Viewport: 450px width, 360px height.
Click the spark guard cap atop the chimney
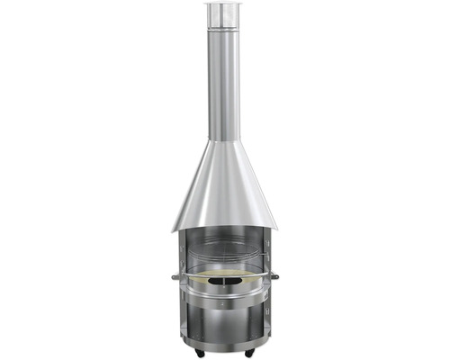click(x=226, y=15)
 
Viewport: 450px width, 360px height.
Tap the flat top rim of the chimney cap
click(x=226, y=4)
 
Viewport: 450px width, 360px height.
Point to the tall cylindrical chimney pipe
click(x=226, y=81)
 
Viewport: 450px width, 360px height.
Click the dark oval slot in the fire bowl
click(x=225, y=283)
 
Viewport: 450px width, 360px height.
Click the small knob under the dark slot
click(x=225, y=289)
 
